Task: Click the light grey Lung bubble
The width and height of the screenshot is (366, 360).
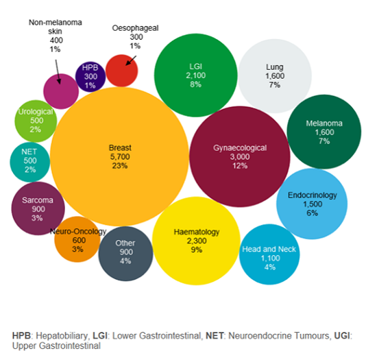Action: pyautogui.click(x=274, y=75)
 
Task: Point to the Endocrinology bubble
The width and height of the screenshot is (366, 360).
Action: pyautogui.click(x=312, y=204)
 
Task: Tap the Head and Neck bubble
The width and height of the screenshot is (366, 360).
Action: pyautogui.click(x=269, y=254)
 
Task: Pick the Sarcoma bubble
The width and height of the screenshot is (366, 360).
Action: pyautogui.click(x=34, y=208)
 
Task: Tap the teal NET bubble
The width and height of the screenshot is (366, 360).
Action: pyautogui.click(x=29, y=160)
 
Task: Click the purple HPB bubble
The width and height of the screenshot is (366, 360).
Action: pyautogui.click(x=90, y=75)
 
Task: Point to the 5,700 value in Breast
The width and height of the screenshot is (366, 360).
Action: pyautogui.click(x=120, y=157)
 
